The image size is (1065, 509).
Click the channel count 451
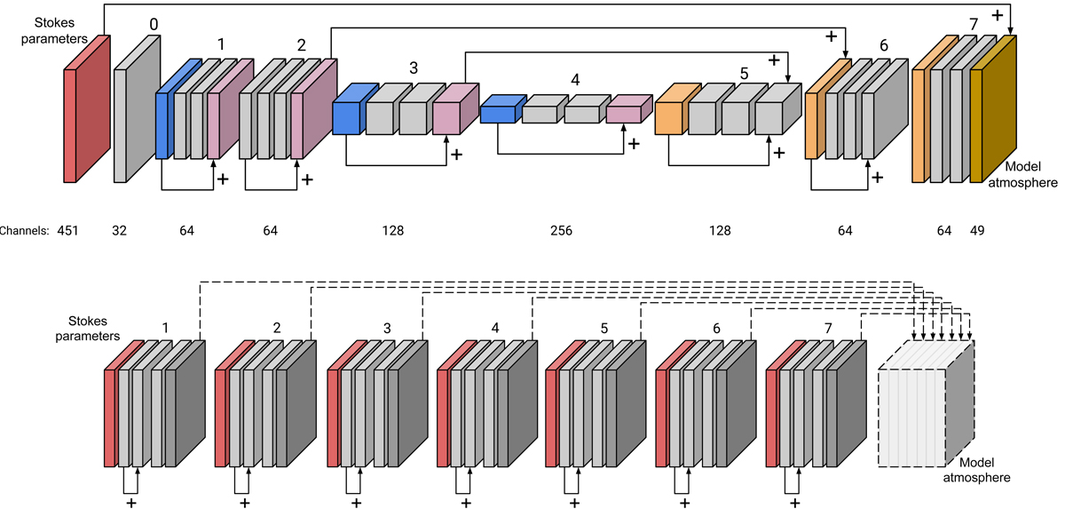[68, 231]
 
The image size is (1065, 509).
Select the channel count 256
[561, 231]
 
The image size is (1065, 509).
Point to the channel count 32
[119, 231]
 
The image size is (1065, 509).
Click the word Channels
[23, 231]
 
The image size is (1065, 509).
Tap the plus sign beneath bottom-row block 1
[131, 503]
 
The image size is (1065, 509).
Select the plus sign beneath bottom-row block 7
[793, 503]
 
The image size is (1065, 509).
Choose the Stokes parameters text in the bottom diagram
[93, 327]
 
